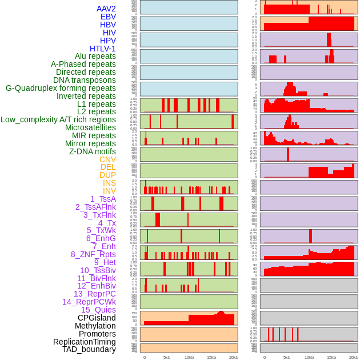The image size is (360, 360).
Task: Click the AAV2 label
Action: (106, 9)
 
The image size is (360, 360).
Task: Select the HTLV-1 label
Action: (103, 49)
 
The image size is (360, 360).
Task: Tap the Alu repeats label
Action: (95, 57)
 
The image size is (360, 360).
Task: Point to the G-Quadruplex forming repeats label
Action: (61, 89)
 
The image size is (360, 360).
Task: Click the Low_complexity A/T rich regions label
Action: (58, 119)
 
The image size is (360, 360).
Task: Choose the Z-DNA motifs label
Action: (93, 151)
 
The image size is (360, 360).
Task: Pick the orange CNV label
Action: (107, 159)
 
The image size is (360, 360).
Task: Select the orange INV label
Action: (109, 191)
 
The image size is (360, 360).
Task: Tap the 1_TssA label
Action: (103, 199)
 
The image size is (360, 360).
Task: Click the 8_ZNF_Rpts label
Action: (93, 254)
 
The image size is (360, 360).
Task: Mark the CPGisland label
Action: (97, 318)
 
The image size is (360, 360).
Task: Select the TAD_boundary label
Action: (89, 349)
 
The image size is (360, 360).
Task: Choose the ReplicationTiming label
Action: (85, 342)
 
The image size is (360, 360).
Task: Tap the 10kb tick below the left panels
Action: (189, 357)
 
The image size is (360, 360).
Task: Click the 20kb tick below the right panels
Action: (354, 357)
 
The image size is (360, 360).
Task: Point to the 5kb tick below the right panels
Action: (287, 357)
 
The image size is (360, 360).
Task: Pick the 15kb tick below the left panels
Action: (211, 357)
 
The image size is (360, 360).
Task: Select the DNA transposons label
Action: (85, 80)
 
